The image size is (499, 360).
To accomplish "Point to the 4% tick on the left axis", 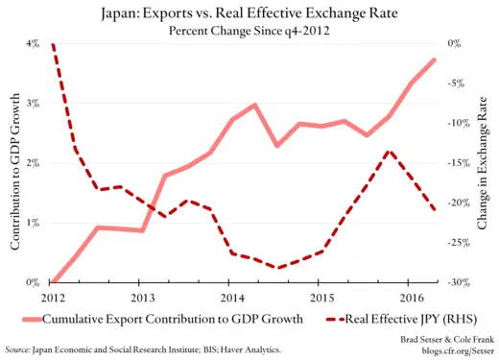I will pyautogui.click(x=31, y=44).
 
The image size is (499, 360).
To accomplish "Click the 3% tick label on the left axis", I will pyautogui.click(x=31, y=104).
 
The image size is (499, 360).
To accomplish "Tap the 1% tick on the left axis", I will pyautogui.click(x=31, y=223).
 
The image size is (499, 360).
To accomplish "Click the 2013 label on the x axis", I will pyautogui.click(x=140, y=297).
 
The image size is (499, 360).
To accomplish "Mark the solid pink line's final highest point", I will pyautogui.click(x=434, y=60).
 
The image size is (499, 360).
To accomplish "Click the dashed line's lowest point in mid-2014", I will pyautogui.click(x=276, y=268).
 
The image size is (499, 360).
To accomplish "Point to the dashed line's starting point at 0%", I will pyautogui.click(x=52, y=44).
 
